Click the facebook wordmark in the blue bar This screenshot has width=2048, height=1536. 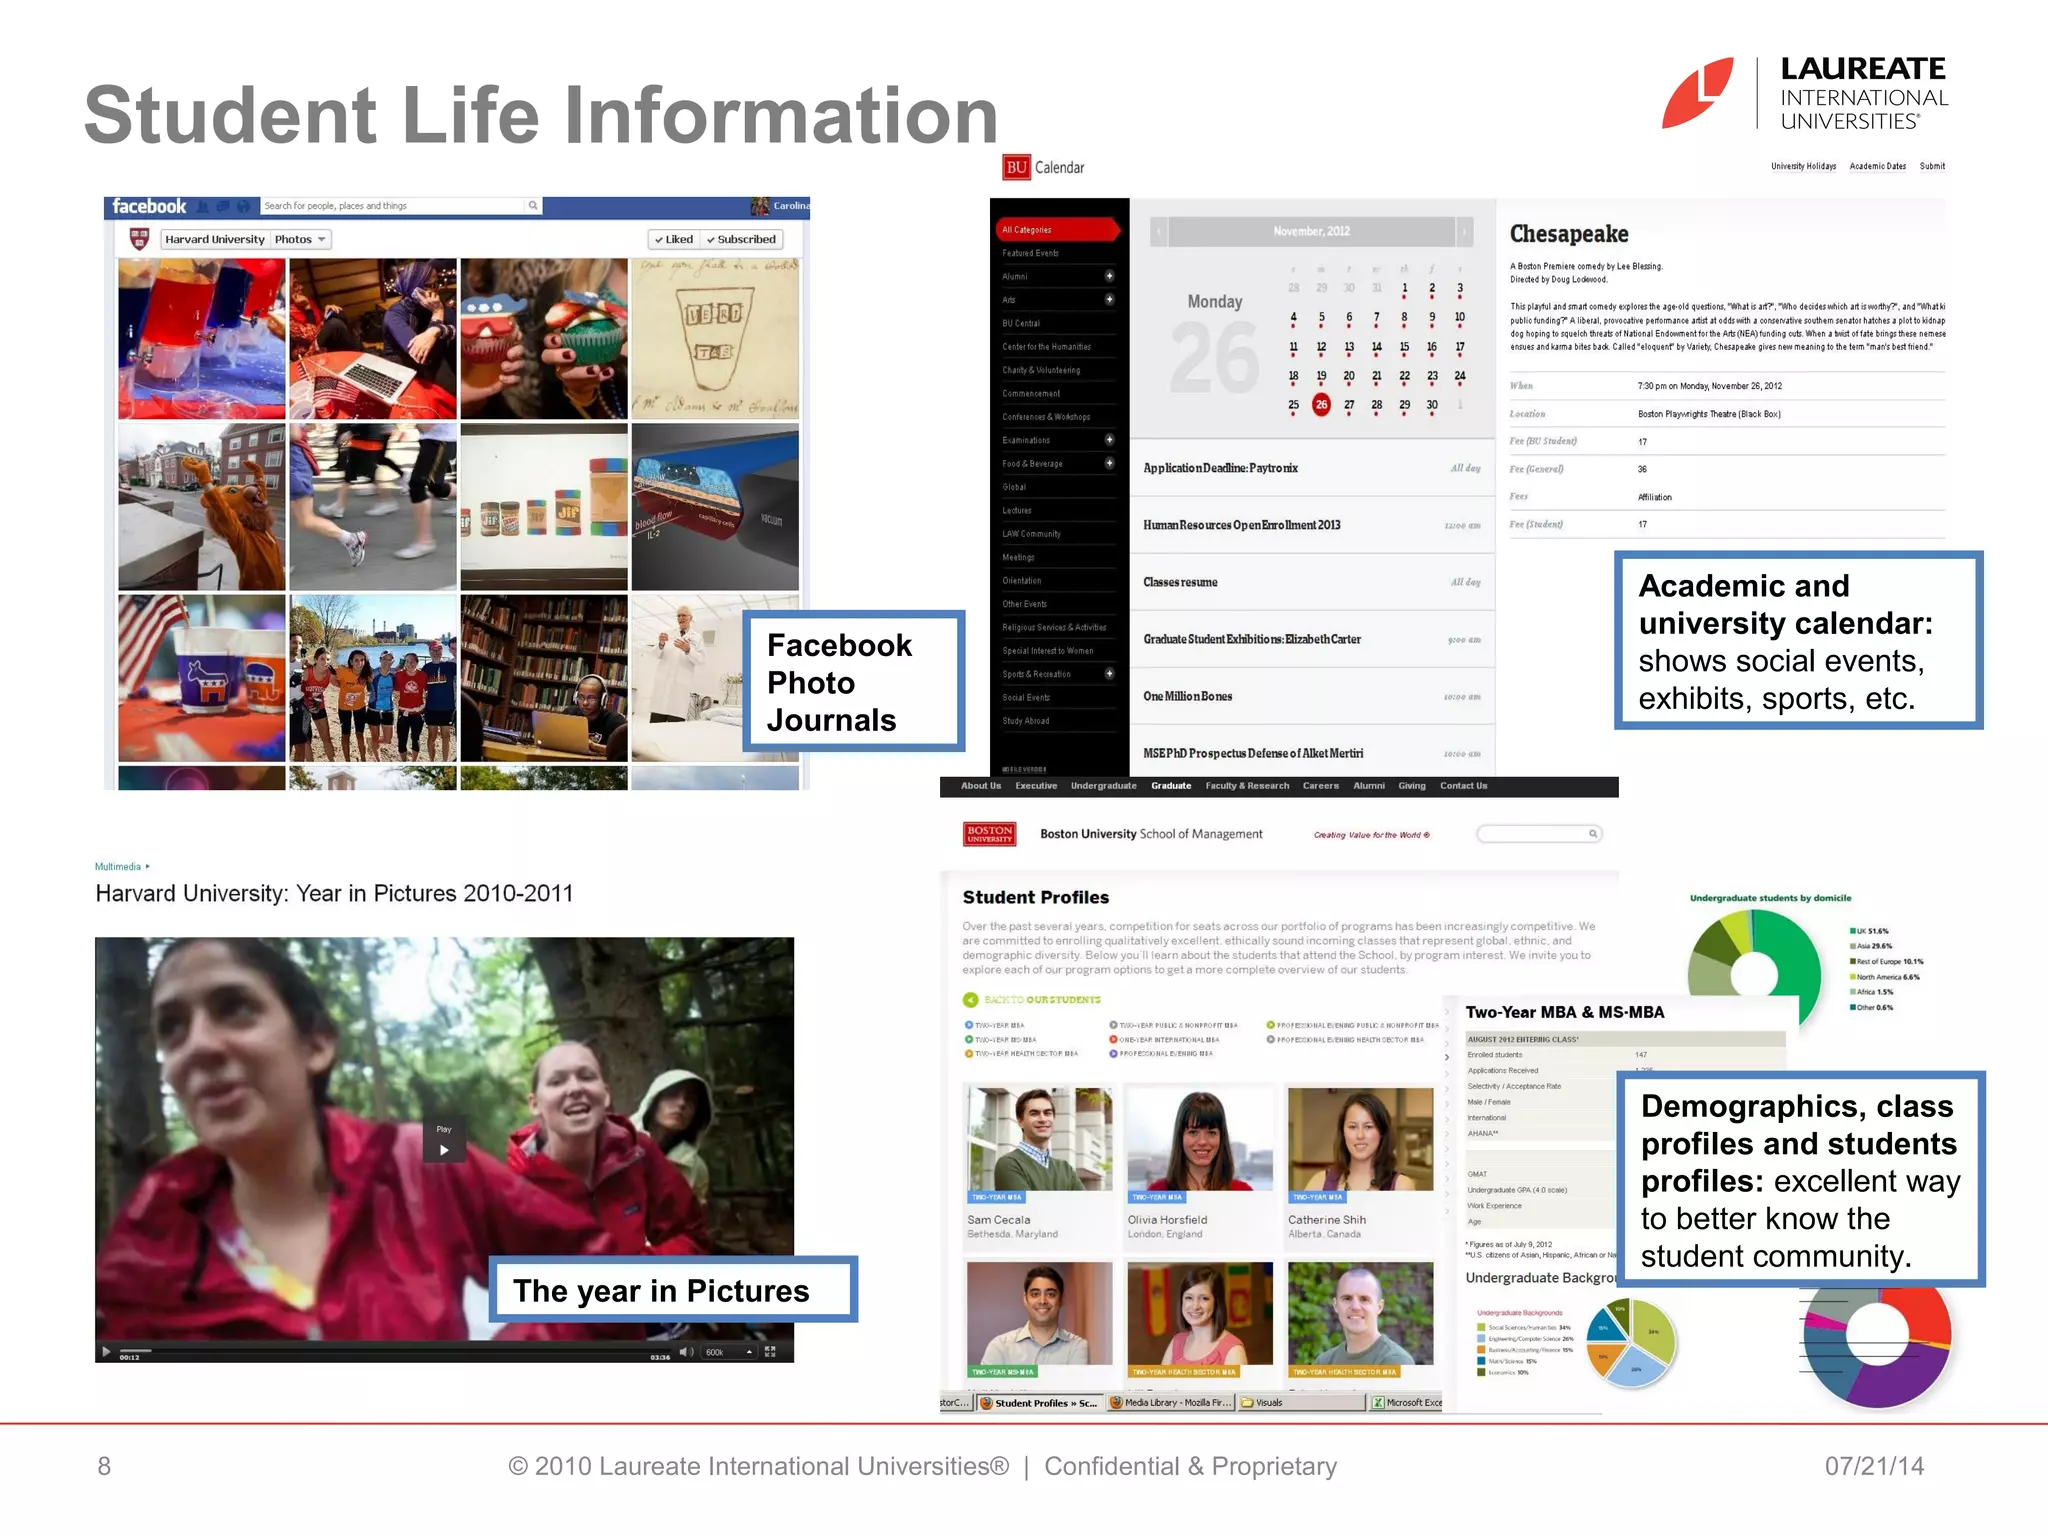149,207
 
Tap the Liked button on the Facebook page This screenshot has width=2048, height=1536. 673,240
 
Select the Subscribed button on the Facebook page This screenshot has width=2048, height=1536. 741,240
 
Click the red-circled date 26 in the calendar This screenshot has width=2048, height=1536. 1321,405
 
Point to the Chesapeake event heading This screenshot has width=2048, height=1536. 1568,234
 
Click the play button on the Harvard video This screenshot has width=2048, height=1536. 444,1149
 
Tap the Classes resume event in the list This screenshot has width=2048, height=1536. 1180,582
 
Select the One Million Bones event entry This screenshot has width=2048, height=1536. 1187,696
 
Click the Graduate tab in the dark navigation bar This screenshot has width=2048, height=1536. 1170,786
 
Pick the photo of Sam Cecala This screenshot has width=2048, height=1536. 1039,1139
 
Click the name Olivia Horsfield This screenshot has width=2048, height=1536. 1167,1220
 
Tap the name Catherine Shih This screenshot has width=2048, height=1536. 1326,1220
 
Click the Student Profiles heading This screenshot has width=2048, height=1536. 1035,897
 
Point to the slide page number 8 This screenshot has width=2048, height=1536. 104,1466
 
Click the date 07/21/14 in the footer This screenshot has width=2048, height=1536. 1873,1466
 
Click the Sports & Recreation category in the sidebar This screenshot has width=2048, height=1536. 1036,674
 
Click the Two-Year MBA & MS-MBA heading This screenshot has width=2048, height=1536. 1564,1012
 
